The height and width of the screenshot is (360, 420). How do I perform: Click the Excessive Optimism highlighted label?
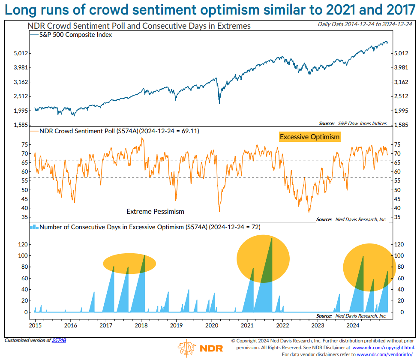(x=309, y=137)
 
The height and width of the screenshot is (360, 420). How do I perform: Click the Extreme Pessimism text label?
(x=155, y=211)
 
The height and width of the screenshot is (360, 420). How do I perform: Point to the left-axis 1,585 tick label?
(x=20, y=125)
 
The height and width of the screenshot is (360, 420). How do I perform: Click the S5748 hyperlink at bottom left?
(x=59, y=340)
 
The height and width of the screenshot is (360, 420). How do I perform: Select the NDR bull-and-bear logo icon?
(x=187, y=348)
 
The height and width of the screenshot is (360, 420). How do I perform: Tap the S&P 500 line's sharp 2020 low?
(x=219, y=103)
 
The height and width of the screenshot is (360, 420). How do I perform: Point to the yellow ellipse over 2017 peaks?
(x=129, y=263)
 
